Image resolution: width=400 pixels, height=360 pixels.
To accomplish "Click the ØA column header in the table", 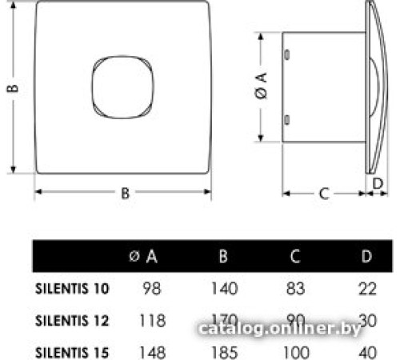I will coord(143,257).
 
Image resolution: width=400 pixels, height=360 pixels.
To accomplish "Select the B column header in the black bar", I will coord(222,257).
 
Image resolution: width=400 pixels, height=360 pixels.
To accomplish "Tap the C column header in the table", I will coord(295,257).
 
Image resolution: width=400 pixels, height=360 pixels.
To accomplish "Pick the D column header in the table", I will coord(366,257).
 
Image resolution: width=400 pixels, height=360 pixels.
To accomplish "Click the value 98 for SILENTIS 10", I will coord(150,288).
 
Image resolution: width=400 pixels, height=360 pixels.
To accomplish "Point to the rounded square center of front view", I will coord(122,92).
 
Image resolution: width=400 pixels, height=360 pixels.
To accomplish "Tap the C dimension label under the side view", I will coord(323,193).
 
